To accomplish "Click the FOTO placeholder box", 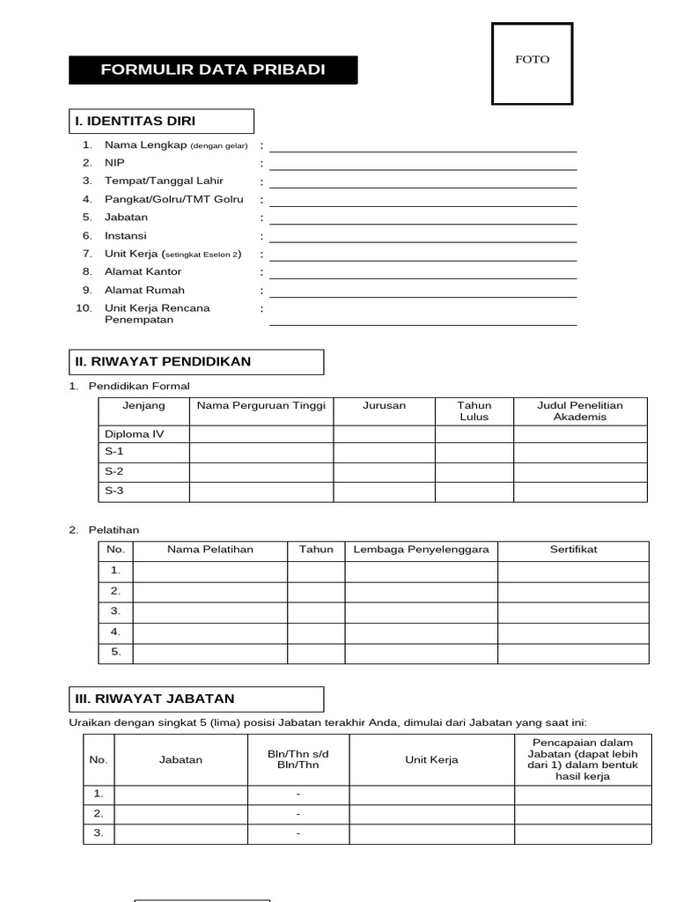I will tap(532, 64).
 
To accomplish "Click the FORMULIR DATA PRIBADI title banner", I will tap(213, 70).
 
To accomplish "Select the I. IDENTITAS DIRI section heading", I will tap(161, 121).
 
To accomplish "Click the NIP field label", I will tap(114, 163).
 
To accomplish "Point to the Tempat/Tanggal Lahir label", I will tap(164, 181).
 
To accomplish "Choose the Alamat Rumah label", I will tap(144, 290).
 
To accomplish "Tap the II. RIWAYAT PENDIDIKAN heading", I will tap(195, 362).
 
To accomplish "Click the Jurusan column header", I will tap(384, 406).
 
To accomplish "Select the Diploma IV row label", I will tap(135, 434).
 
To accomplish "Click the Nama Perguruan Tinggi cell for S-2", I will tap(261, 472).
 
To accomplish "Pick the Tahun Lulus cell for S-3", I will tap(474, 492).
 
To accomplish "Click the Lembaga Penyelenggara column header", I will tap(421, 550).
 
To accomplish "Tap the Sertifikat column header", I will tap(573, 550).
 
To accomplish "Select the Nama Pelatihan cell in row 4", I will tap(209, 632).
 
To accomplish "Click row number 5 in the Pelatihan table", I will tap(115, 653).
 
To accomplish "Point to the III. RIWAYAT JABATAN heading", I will tap(195, 699).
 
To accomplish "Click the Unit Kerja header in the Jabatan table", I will tap(431, 759).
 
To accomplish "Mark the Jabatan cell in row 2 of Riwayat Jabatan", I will tap(180, 814).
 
